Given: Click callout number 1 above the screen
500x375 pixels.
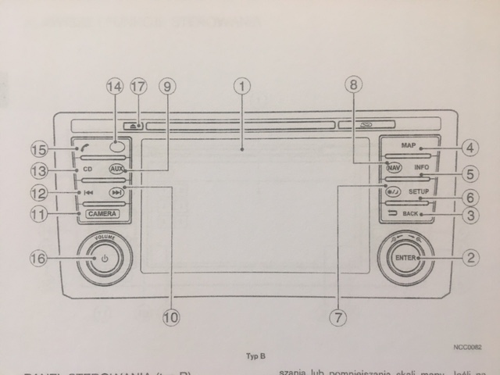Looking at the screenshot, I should (243, 86).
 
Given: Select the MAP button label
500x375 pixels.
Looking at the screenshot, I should (408, 146).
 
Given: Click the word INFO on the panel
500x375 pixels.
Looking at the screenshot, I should (421, 168).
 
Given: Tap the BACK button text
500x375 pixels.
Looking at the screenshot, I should (409, 213).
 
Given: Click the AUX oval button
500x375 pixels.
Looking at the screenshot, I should (116, 169).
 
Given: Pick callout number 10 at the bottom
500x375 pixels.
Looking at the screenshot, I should (170, 316).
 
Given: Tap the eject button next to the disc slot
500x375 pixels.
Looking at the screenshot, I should (136, 124).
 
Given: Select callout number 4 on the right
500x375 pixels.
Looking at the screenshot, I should (469, 146).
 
